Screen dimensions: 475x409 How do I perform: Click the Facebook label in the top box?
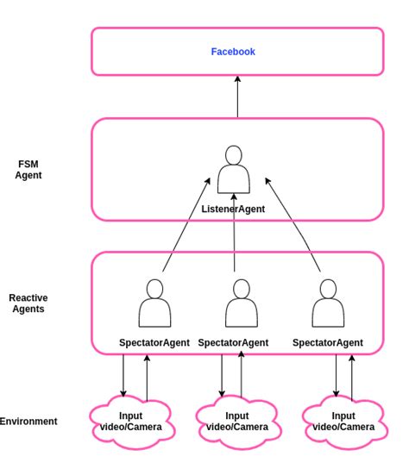pos(233,52)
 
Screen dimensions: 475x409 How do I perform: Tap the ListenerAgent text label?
pos(233,209)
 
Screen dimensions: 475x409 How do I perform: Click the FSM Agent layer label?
pos(28,169)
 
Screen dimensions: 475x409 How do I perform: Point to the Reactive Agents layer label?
pos(28,303)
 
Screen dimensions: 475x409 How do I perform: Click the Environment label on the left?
pos(28,422)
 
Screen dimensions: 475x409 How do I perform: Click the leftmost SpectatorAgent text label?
pos(154,342)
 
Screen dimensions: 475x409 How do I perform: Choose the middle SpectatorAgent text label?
pos(233,342)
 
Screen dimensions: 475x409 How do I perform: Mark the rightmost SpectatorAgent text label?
pos(327,342)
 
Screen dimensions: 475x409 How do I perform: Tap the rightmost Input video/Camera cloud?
pos(343,422)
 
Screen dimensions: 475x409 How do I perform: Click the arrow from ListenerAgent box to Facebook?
pos(237,97)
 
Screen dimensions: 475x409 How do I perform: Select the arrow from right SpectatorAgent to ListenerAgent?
pos(293,228)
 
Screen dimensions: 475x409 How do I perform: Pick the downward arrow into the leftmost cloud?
pos(123,375)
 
